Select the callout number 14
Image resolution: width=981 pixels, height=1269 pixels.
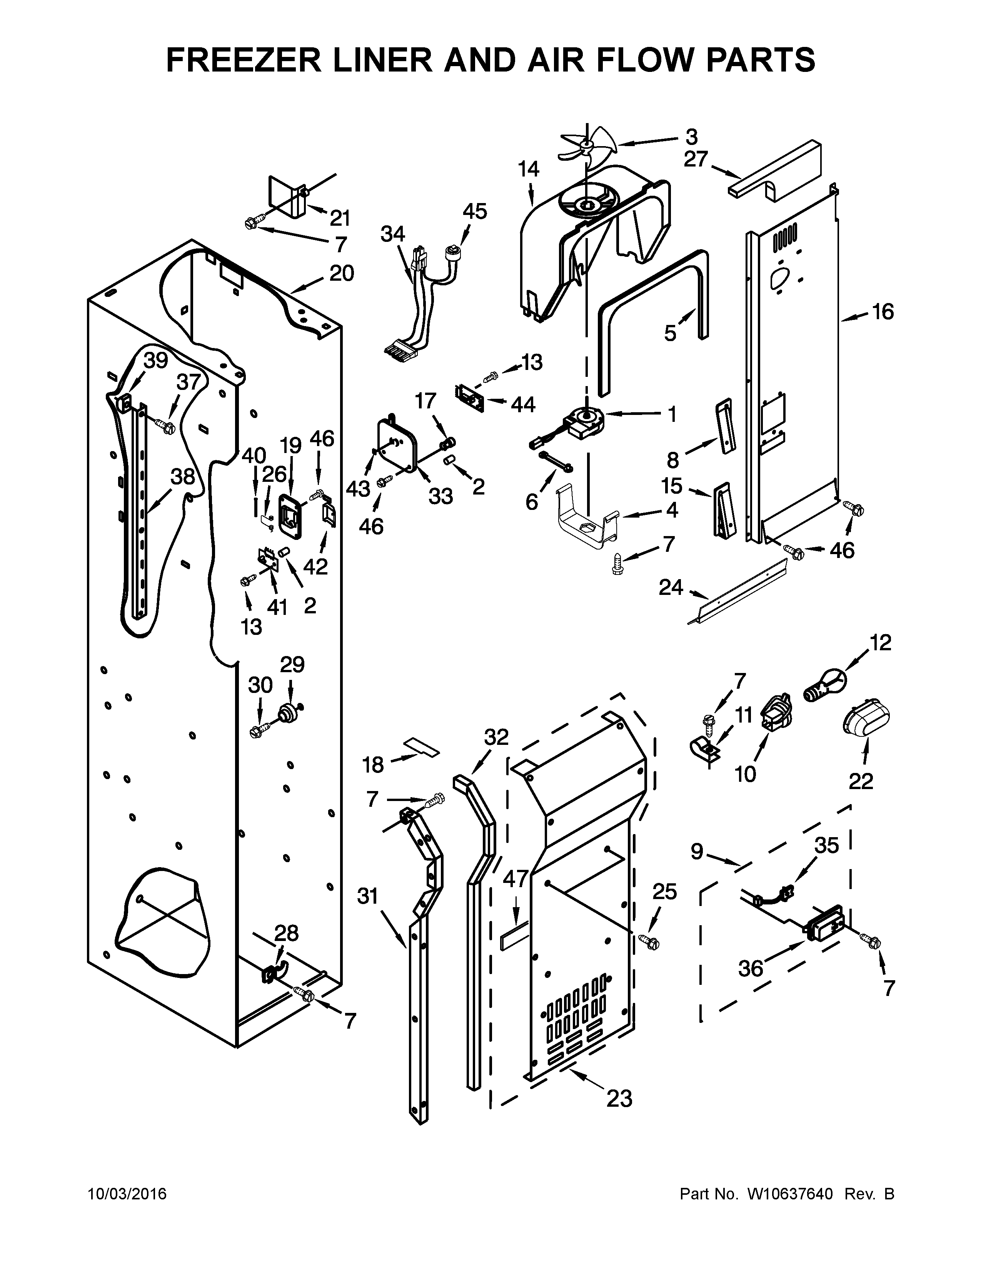529,169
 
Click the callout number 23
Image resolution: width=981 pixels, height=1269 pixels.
619,1099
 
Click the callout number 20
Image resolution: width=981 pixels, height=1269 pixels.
342,273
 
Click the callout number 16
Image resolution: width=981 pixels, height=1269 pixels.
882,312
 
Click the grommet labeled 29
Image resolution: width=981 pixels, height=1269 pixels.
288,712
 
